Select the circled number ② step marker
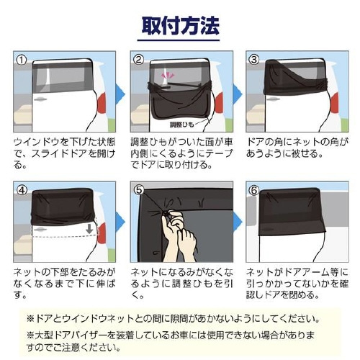139,60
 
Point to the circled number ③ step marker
253,60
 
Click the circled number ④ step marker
22,191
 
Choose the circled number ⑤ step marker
139,191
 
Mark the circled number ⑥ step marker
253,191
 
